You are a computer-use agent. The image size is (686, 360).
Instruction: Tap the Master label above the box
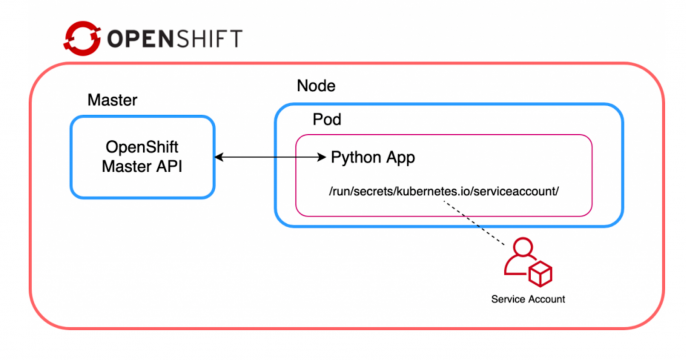click(112, 100)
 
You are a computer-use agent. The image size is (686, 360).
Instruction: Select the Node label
click(316, 86)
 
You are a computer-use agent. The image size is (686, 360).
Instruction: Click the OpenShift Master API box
click(142, 156)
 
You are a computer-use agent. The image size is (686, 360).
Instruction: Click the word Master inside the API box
click(127, 167)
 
